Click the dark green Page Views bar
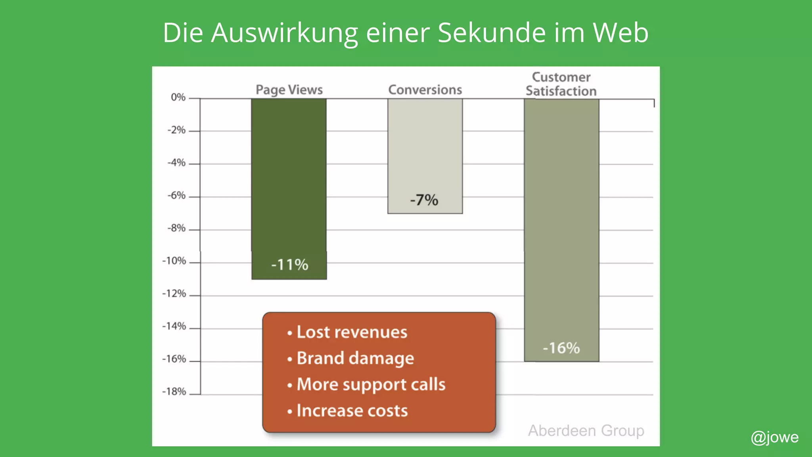pos(289,175)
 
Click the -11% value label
pos(289,265)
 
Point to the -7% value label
pos(424,200)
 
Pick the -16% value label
pos(561,348)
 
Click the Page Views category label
pos(289,90)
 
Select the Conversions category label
pos(425,90)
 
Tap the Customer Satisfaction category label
pos(561,84)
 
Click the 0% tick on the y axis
pos(178,97)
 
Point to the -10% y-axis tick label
pos(174,261)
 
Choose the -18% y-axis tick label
pos(174,392)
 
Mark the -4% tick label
pos(176,163)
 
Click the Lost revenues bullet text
pos(352,332)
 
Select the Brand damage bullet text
pos(355,358)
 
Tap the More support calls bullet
pos(371,384)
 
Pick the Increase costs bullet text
pos(352,411)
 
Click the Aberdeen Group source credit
pos(586,430)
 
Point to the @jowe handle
pos(774,437)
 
